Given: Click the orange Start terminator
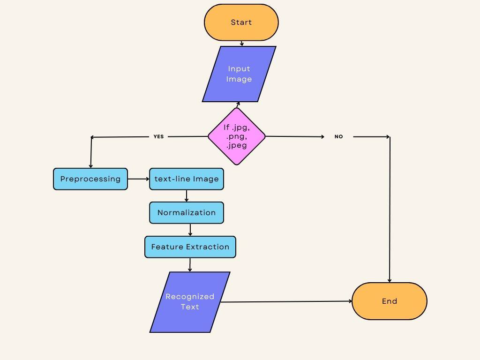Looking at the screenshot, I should pyautogui.click(x=241, y=22).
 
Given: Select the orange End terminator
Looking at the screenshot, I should pyautogui.click(x=389, y=301).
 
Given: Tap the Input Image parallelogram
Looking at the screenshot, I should pyautogui.click(x=239, y=74).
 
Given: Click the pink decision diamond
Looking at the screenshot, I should pyautogui.click(x=237, y=136).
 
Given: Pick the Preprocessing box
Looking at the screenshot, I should pyautogui.click(x=90, y=179).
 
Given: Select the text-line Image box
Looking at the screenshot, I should pyautogui.click(x=187, y=179).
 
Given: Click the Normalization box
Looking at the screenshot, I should pyautogui.click(x=187, y=213).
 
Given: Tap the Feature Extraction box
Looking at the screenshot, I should pyautogui.click(x=190, y=247).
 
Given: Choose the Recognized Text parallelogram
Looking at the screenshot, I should pyautogui.click(x=190, y=302).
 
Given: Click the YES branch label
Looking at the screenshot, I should pyautogui.click(x=159, y=137).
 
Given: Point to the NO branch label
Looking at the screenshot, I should pyautogui.click(x=338, y=137).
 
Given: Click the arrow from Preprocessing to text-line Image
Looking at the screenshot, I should pyautogui.click(x=138, y=179).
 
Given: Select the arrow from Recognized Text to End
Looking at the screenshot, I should pyautogui.click(x=286, y=302).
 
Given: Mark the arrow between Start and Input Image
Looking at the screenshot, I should pyautogui.click(x=242, y=44).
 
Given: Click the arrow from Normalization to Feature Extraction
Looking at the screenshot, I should pyautogui.click(x=190, y=230).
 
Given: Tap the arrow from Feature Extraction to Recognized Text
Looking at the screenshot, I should pyautogui.click(x=190, y=265).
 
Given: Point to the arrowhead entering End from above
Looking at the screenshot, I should pyautogui.click(x=390, y=280).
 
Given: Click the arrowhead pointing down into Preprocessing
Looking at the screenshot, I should pyautogui.click(x=90, y=165).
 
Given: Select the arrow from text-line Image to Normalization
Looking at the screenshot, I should pyautogui.click(x=187, y=196).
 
